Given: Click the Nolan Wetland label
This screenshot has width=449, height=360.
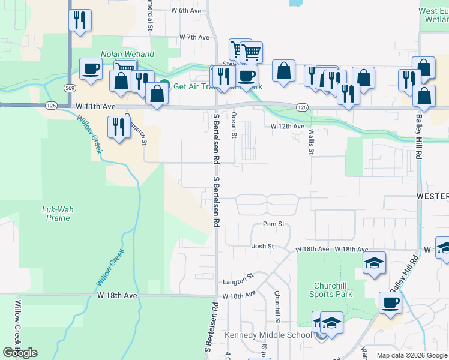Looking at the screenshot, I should coord(127,54).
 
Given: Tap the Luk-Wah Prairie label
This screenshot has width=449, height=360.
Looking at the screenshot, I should coord(56,214).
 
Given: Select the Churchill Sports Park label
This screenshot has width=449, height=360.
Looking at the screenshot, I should coord(331,290).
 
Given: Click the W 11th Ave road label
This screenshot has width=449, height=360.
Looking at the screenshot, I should coord(95,106).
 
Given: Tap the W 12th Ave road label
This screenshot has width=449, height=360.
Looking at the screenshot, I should coord(288,127).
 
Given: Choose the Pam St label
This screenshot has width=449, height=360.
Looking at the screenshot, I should coord(273,224).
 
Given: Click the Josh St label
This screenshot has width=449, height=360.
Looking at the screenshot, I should coord(262,246).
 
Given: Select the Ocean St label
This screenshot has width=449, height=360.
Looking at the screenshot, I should coord(234,124).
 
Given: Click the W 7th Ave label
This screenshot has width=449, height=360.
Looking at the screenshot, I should coord(194,37).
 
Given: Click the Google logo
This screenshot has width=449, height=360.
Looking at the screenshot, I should coord(20,352).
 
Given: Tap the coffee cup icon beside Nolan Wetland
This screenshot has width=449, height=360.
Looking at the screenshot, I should coord(91,69).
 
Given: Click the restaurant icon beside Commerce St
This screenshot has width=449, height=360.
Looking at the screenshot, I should coord(118,127).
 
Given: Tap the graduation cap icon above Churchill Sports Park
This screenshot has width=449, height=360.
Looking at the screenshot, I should coord(374,263).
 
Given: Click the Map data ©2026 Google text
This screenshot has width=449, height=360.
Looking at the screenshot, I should coord(411,355).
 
